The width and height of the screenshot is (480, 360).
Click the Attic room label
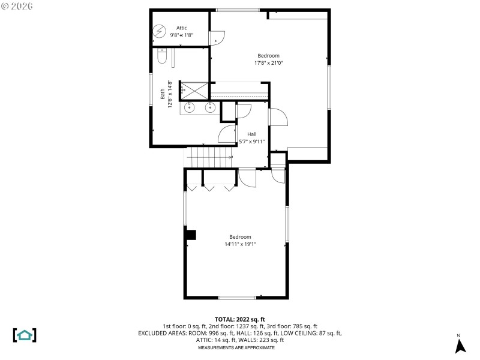click(182, 28)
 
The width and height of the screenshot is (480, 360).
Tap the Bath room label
click(163, 94)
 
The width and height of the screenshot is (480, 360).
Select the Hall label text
click(252, 134)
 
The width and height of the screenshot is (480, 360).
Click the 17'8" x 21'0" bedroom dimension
click(268, 62)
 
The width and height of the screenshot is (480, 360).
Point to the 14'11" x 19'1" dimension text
click(240, 244)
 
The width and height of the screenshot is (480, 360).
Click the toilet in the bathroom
click(161, 56)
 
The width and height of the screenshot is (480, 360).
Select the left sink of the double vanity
click(190, 108)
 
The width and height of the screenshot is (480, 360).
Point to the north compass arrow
click(460, 346)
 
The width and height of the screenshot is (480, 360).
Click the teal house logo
click(25, 335)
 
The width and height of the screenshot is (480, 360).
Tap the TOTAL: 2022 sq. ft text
click(240, 319)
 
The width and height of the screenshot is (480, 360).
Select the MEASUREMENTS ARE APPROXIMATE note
click(236, 347)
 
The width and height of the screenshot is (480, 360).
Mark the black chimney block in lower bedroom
click(191, 236)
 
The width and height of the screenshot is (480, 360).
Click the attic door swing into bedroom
click(217, 37)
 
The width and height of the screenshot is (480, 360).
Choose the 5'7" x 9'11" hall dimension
click(252, 141)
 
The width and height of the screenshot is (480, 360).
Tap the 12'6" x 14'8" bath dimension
click(170, 94)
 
